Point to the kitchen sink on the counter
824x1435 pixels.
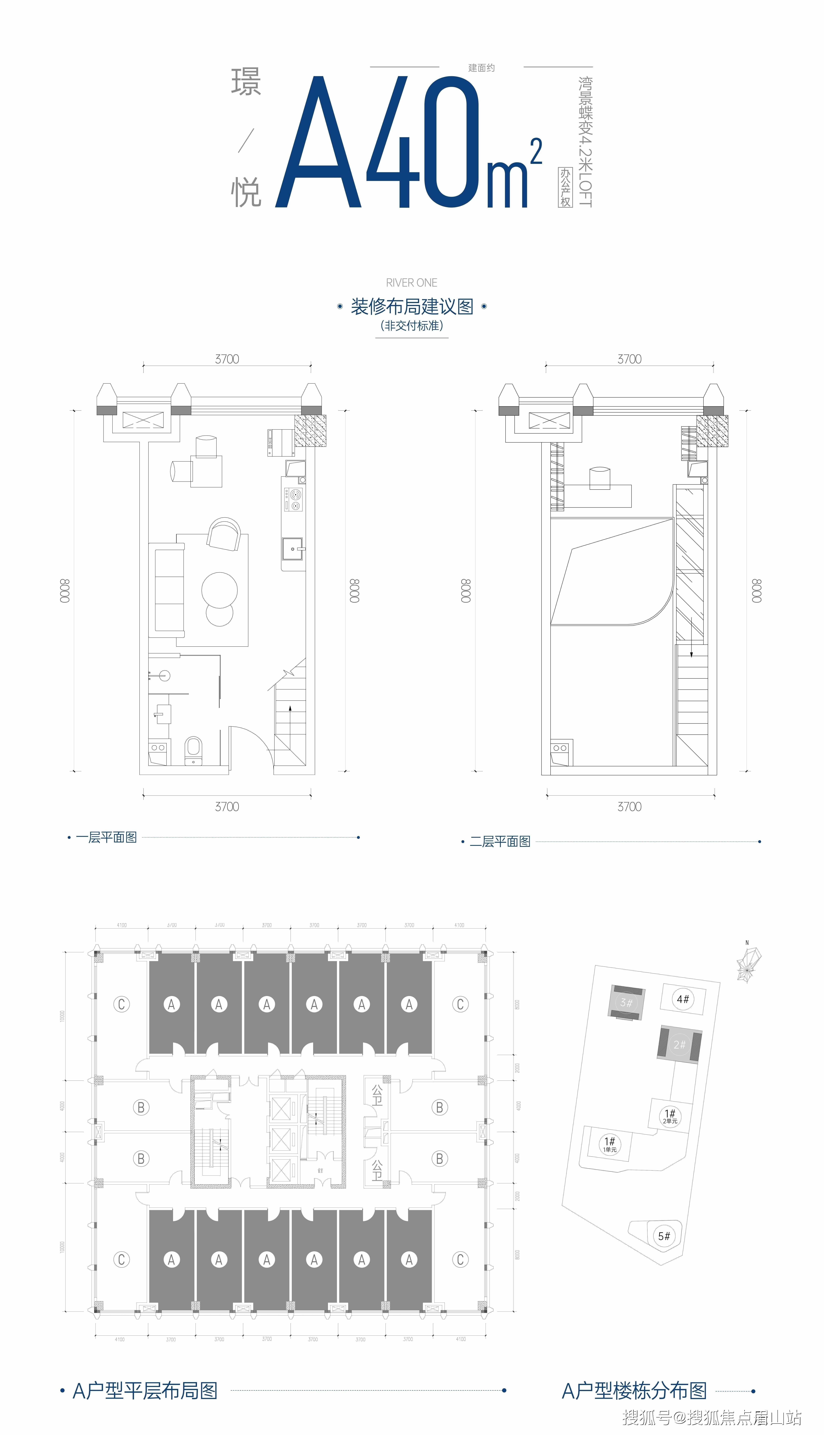(x=293, y=549)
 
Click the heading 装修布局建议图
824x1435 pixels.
(x=412, y=307)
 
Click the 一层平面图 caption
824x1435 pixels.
(x=106, y=837)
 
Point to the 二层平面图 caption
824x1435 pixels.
(x=500, y=841)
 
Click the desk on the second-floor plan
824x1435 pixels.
(x=598, y=496)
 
